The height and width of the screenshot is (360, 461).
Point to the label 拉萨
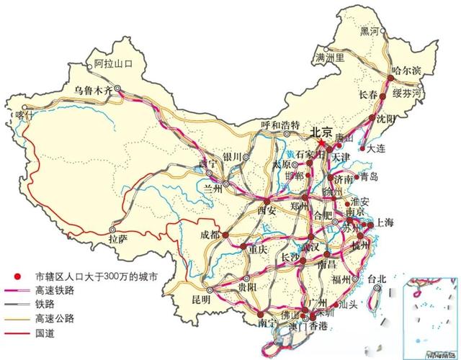[x=117, y=237]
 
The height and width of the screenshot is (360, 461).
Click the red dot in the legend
[x=17, y=276]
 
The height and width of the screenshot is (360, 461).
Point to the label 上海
[x=384, y=223]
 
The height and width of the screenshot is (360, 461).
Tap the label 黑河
[x=369, y=31]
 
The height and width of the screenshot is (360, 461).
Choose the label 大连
[x=377, y=149]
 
